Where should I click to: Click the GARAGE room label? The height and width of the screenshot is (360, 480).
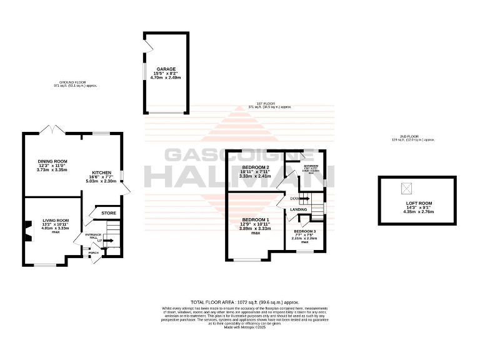click(x=166, y=69)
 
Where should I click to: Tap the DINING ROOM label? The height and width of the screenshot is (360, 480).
click(x=52, y=161)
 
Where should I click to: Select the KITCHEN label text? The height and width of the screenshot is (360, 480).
click(x=102, y=172)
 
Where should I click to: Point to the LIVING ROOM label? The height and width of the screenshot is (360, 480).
click(x=55, y=220)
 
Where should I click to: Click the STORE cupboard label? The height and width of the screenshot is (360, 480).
click(x=109, y=213)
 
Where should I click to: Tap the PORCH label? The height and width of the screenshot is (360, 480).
click(x=92, y=252)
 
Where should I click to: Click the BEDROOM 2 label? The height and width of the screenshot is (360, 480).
click(x=255, y=167)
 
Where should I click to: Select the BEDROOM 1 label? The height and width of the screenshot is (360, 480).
click(x=255, y=219)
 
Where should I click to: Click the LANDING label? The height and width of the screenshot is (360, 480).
click(x=299, y=209)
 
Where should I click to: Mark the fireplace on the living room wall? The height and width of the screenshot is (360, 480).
click(x=27, y=231)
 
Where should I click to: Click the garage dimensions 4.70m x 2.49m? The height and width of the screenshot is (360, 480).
click(x=166, y=78)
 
